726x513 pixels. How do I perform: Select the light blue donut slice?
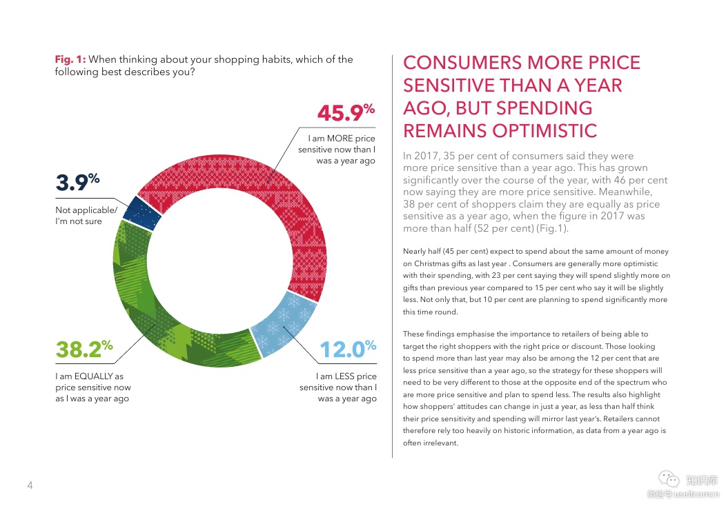tap(284, 327)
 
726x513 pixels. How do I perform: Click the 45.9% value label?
tap(345, 112)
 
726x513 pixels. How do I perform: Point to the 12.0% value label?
tap(347, 350)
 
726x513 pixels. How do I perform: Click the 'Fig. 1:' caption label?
tap(70, 59)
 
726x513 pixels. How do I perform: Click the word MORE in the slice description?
tap(340, 139)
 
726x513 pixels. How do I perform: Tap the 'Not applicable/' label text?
tap(86, 210)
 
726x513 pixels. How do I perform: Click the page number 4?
tap(30, 485)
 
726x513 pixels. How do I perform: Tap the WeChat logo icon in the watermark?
tap(667, 479)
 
